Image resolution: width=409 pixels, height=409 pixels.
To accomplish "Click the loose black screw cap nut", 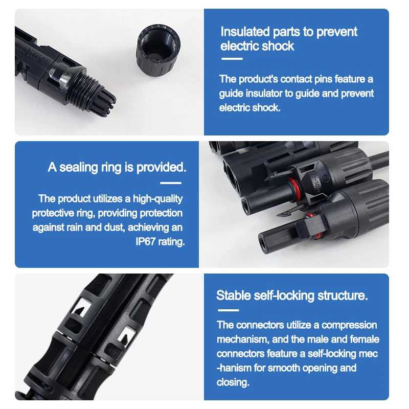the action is click(158, 50).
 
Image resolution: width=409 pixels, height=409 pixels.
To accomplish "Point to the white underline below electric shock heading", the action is click(232, 59).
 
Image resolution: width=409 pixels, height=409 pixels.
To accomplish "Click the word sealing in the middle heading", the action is click(79, 167).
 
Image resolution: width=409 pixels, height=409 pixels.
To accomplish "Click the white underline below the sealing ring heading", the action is click(171, 183).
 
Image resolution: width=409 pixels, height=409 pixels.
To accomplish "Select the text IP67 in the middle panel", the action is click(146, 241).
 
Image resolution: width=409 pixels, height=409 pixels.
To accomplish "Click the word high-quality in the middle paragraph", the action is click(157, 199).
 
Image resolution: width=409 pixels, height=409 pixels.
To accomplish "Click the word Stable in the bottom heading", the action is click(234, 296).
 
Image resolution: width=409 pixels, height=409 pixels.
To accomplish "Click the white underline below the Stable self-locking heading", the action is click(228, 310).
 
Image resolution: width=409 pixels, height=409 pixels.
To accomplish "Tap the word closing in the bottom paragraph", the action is click(233, 382).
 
